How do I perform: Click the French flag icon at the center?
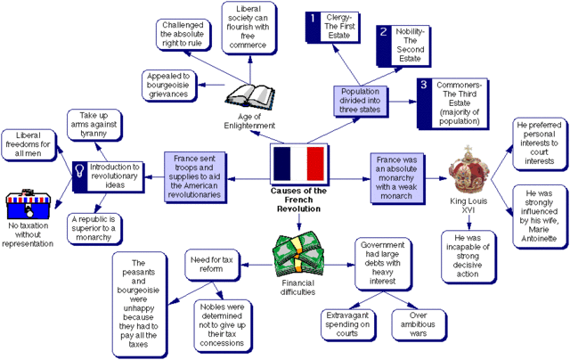[x=298, y=164]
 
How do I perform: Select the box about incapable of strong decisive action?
[x=469, y=257]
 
